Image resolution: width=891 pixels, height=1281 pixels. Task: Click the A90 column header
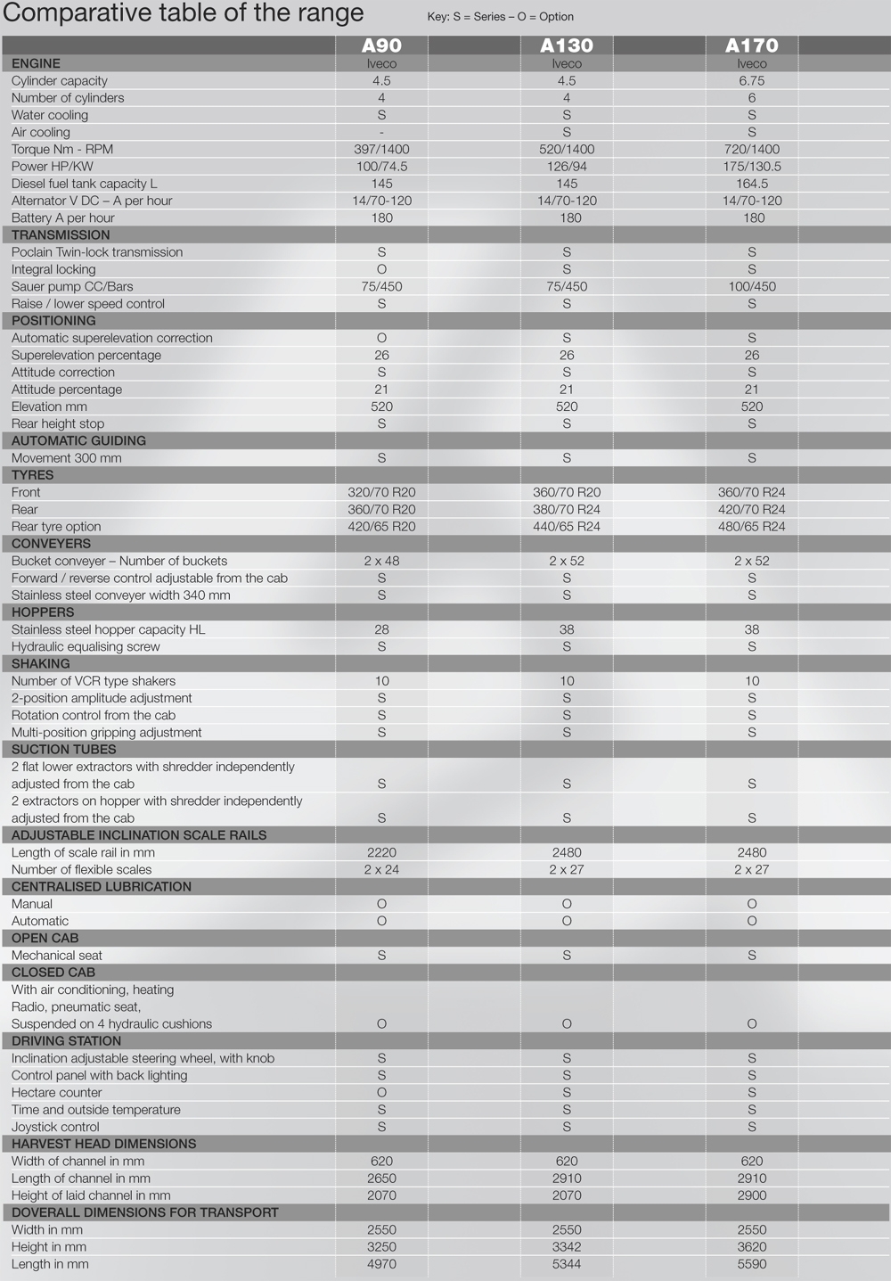(x=381, y=45)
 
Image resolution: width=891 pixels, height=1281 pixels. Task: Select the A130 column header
(x=567, y=45)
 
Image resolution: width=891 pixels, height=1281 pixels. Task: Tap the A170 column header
(x=752, y=45)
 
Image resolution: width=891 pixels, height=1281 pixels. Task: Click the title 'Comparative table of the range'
(x=184, y=13)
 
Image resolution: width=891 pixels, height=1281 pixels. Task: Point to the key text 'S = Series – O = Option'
(x=500, y=17)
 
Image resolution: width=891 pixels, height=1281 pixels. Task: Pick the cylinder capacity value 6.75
(x=752, y=81)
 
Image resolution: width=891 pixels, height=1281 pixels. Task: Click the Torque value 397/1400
(x=381, y=150)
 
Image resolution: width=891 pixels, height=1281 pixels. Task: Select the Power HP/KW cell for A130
(x=567, y=167)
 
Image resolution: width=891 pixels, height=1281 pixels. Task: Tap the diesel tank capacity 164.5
(x=752, y=184)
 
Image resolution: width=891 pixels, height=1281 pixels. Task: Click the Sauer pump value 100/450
(x=752, y=287)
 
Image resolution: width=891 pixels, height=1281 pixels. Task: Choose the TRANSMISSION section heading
(x=61, y=235)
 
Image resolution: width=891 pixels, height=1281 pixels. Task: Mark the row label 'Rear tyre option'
(x=56, y=527)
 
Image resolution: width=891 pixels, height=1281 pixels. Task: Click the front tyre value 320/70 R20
(x=381, y=493)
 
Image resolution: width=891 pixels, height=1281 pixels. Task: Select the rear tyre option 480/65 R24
(x=752, y=527)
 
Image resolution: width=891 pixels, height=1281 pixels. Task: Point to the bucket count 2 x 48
(x=381, y=562)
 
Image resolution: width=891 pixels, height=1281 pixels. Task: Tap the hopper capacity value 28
(x=381, y=630)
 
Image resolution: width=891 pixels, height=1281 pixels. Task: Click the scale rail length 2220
(x=381, y=853)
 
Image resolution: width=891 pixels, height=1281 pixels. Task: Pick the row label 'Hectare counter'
(x=57, y=1093)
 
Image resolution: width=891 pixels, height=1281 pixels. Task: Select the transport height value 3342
(x=567, y=1247)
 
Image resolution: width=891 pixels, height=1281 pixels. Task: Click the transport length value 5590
(x=752, y=1264)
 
